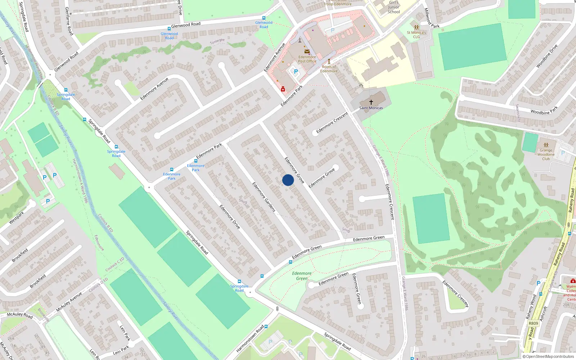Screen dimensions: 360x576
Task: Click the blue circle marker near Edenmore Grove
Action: pos(288,180)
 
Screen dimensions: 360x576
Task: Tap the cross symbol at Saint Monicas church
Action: pos(371,102)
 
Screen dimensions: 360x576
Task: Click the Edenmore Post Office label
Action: pos(307,59)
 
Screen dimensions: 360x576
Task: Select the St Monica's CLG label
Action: pos(417,35)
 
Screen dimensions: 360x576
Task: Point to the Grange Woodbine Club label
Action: pos(546,154)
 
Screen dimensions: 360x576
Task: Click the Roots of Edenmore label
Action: pos(329,69)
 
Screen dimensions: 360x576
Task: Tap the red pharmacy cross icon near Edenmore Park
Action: pos(283,89)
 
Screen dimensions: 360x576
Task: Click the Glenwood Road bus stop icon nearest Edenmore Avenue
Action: pos(264,18)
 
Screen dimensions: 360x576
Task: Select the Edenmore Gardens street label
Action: pos(264,197)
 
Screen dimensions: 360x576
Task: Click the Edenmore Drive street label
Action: pos(230,217)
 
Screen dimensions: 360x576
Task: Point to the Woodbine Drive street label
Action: pos(546,56)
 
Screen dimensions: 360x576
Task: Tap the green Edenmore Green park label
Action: pos(302,276)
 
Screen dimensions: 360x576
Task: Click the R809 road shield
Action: pos(534,323)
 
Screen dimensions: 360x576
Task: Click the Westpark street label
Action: pos(16,218)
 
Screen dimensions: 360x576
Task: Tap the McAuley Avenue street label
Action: pos(69,302)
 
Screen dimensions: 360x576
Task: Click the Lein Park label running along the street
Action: pos(125,333)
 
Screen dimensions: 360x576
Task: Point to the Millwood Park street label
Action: pos(431,18)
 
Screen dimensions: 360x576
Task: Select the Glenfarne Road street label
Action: pos(69,21)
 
